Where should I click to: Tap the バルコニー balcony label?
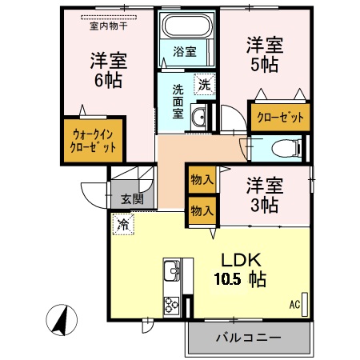point(248,338)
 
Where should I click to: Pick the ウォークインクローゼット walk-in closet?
point(90,141)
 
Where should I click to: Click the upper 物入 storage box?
point(202,181)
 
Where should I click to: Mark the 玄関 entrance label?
point(132,200)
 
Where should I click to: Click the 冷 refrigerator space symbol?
point(123,225)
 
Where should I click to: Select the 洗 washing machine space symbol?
point(205,84)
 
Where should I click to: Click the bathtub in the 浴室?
point(187,26)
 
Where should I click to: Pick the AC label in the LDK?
point(294,304)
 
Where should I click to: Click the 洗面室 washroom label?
point(178,100)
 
